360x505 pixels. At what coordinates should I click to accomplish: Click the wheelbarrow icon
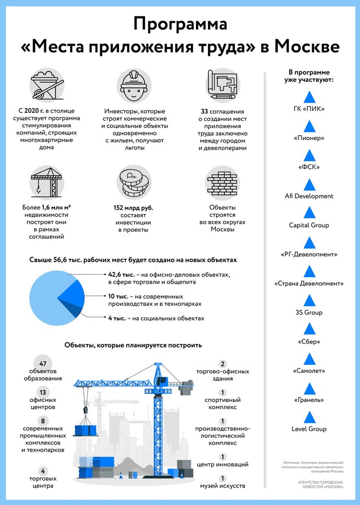pos(46,85)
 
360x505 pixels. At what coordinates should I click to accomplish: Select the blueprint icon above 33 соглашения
pos(222,85)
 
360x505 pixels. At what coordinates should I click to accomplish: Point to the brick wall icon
pos(222,182)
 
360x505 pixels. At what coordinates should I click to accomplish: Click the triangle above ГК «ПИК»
pos(309,97)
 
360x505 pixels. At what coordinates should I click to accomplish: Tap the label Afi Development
pos(309,196)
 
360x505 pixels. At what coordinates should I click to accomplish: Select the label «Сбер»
pos(309,342)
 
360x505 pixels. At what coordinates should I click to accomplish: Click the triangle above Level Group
pos(309,417)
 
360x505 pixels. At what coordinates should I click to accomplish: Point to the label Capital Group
pos(309,225)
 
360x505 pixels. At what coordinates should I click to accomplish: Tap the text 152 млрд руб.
pos(133,208)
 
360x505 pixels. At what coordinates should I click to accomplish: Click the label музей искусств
pos(223,486)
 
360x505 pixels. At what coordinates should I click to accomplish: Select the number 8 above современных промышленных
pos(43,421)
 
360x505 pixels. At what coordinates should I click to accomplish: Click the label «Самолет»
pos(309,371)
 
